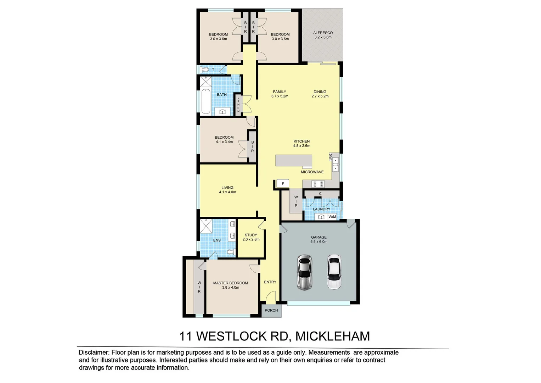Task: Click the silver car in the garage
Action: click(304, 272)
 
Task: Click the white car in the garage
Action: click(334, 272)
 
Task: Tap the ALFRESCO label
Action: click(323, 35)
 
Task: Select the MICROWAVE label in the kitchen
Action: click(312, 172)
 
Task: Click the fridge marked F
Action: click(283, 184)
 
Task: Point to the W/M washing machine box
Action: click(332, 217)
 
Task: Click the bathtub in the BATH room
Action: click(205, 101)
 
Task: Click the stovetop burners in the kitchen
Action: click(317, 184)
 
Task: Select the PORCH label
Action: click(271, 310)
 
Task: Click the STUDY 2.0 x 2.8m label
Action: click(251, 237)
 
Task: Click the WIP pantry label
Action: click(296, 201)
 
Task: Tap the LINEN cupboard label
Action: click(238, 105)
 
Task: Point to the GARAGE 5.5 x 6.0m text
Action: click(319, 239)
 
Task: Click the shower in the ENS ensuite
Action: click(206, 226)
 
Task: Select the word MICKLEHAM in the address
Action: click(333, 336)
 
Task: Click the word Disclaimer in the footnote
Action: click(94, 353)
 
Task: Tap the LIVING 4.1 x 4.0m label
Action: click(227, 190)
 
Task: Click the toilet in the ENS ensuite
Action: click(231, 252)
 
